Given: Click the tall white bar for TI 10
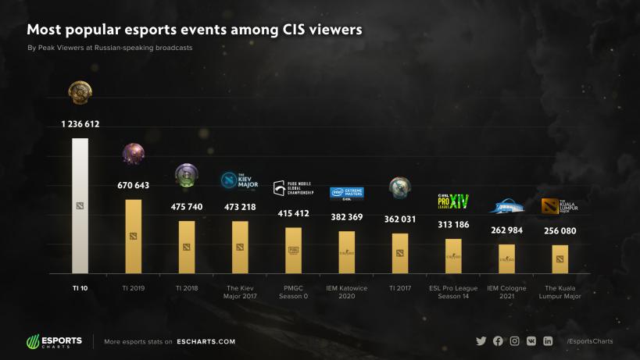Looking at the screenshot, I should click(x=80, y=206).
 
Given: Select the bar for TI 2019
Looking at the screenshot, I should click(x=134, y=236).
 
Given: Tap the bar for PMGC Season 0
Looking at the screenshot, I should click(x=293, y=250).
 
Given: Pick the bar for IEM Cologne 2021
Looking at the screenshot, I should click(x=506, y=258).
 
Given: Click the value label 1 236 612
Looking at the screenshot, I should click(x=80, y=124).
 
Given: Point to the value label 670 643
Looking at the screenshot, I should click(x=134, y=185).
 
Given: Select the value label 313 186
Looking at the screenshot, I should click(x=453, y=225).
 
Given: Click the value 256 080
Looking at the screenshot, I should click(x=560, y=231).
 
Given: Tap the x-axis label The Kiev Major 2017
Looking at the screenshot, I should click(x=240, y=292).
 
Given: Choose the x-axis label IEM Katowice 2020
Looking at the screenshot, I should click(x=346, y=292).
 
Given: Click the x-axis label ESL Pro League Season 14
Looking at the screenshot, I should click(x=453, y=292).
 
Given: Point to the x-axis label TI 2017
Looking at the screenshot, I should click(x=399, y=288).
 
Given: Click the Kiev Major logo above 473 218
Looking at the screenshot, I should click(x=240, y=181).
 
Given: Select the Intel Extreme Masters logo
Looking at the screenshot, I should click(x=346, y=192).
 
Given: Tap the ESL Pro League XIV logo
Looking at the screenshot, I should click(x=453, y=201).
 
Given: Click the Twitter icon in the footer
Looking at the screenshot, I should click(x=481, y=341).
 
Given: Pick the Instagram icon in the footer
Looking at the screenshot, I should click(x=515, y=341).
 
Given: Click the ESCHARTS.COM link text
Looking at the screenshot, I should click(x=206, y=341).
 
